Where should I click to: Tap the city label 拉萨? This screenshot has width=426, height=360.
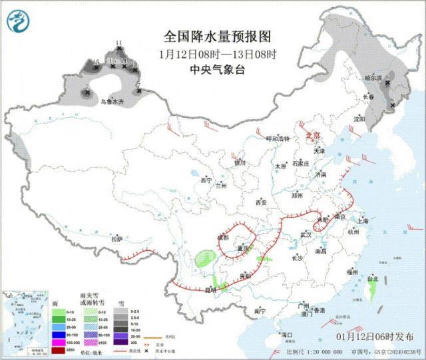click(x=117, y=238)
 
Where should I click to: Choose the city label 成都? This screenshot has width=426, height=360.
click(x=223, y=237)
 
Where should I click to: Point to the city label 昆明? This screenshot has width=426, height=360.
click(x=211, y=289)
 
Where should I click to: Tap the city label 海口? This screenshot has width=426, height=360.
click(x=288, y=334)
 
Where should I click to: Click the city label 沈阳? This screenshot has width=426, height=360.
click(x=379, y=119)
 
